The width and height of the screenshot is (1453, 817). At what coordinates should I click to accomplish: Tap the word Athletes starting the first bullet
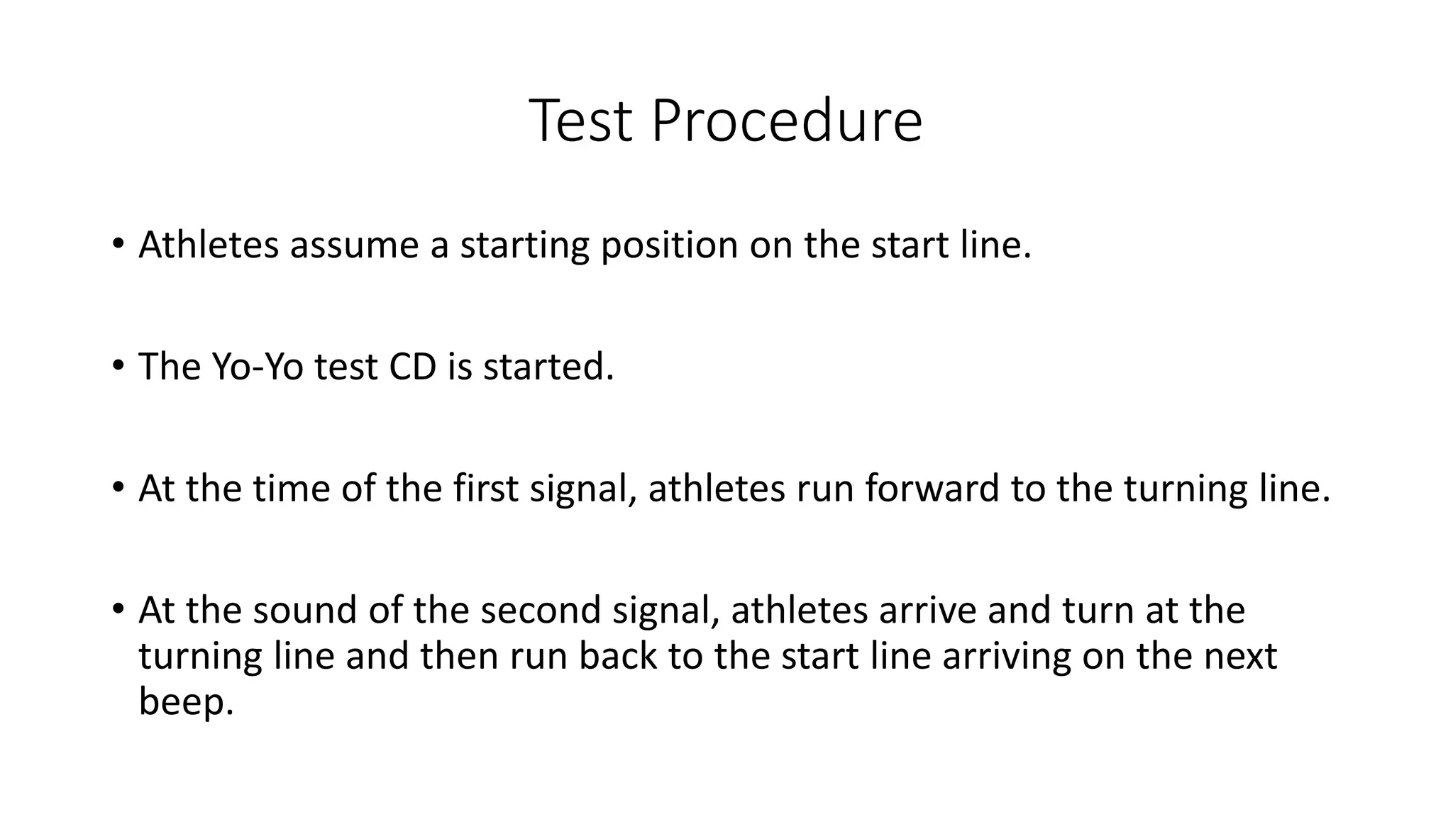209,245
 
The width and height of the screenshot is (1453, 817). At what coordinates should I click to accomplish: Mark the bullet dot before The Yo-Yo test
118,366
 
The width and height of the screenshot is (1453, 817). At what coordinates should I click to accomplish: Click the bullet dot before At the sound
118,609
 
